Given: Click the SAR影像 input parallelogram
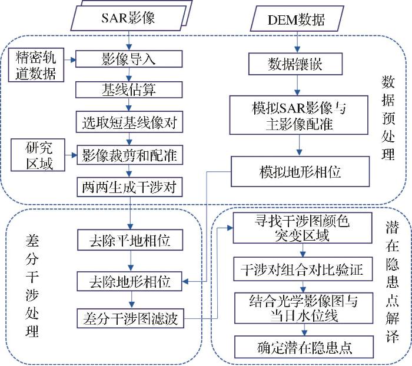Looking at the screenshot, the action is pyautogui.click(x=128, y=18).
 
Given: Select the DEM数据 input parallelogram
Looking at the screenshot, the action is pyautogui.click(x=297, y=19).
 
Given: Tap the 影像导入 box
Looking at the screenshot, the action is pyautogui.click(x=129, y=59).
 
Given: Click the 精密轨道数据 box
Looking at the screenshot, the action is pyautogui.click(x=36, y=65).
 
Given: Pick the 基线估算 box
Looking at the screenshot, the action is pyautogui.click(x=129, y=90).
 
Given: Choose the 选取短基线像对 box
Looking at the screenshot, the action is pyautogui.click(x=129, y=122).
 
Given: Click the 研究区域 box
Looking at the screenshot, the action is pyautogui.click(x=38, y=155).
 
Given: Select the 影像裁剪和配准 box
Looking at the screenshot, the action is pyautogui.click(x=130, y=155).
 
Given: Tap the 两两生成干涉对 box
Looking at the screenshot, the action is pyautogui.click(x=129, y=187).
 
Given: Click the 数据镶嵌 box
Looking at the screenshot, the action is pyautogui.click(x=295, y=64).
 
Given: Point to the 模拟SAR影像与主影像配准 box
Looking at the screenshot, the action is pyautogui.click(x=299, y=115).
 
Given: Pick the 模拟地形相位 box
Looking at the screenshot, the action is pyautogui.click(x=300, y=172).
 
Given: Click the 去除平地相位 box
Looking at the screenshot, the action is pyautogui.click(x=130, y=240).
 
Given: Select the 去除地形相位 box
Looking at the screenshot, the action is pyautogui.click(x=129, y=281).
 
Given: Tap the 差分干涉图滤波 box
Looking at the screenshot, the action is pyautogui.click(x=130, y=318).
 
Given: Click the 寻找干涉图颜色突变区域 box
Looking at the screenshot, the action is pyautogui.click(x=303, y=228).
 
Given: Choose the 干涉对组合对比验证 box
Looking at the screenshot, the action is pyautogui.click(x=303, y=269).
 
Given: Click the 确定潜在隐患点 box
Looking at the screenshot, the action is pyautogui.click(x=304, y=347).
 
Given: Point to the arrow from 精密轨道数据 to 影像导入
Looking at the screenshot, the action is pyautogui.click(x=70, y=60).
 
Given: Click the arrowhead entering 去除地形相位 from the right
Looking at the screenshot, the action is pyautogui.click(x=185, y=282).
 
